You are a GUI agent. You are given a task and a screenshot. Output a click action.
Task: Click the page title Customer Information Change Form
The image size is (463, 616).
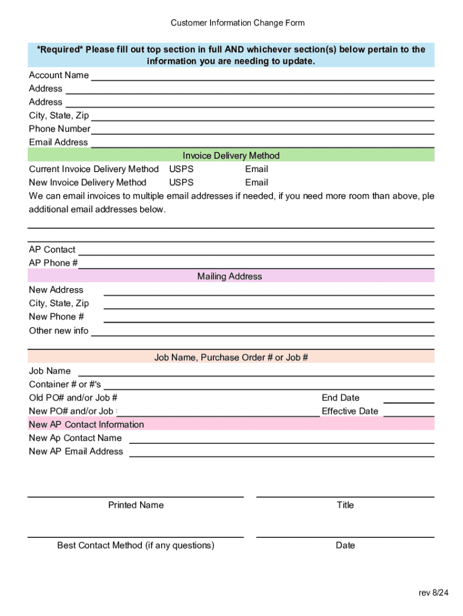[x=238, y=23]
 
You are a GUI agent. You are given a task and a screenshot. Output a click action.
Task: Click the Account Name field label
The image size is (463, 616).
[x=59, y=75]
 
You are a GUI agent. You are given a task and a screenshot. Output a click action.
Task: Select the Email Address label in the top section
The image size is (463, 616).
[x=58, y=142]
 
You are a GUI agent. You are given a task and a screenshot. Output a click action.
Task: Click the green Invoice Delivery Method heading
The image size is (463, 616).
[x=231, y=155]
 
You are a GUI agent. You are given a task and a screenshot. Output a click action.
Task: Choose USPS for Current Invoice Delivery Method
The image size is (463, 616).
[x=181, y=169]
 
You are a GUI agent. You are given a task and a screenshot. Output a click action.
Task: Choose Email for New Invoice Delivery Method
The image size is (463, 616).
[x=256, y=182]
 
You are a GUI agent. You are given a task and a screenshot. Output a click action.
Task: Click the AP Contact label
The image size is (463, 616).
[x=52, y=250]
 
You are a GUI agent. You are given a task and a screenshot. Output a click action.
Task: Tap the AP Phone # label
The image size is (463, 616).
[x=53, y=263]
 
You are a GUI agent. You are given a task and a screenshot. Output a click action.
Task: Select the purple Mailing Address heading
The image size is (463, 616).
[x=230, y=276]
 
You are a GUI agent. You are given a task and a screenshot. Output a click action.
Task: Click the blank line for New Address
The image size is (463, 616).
[x=269, y=292]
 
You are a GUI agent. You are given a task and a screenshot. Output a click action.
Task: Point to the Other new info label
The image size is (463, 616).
[x=58, y=330]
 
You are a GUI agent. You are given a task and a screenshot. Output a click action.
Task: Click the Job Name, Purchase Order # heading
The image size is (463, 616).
[x=231, y=357]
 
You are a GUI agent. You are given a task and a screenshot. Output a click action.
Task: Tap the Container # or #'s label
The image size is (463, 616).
[x=65, y=384]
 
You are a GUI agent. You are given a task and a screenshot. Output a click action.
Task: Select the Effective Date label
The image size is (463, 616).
[x=350, y=411]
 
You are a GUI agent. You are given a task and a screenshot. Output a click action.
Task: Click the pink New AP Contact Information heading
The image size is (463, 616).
[x=87, y=424]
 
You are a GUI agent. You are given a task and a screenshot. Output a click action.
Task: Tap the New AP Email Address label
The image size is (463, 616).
[x=76, y=451]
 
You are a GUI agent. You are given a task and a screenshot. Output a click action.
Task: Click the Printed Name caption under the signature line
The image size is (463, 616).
[x=135, y=505]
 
